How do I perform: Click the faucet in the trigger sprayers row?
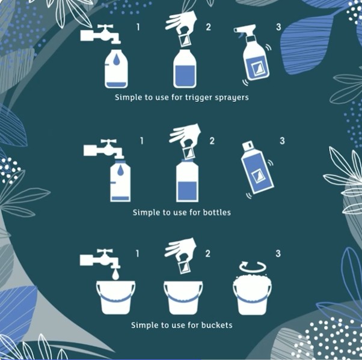coord(100,34)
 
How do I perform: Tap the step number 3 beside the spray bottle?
coord(278,27)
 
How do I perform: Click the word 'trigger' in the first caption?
coord(198,97)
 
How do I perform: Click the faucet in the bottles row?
coord(103,148)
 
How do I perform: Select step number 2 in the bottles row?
coord(212,141)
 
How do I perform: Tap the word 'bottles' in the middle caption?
coord(217,212)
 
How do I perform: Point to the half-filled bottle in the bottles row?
coord(187,181)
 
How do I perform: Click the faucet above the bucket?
coord(100,259)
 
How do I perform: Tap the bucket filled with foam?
coord(252,294)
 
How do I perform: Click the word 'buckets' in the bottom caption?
coord(217,325)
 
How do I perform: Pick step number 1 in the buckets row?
coord(138,254)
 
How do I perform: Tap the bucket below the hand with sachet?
coord(183,297)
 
